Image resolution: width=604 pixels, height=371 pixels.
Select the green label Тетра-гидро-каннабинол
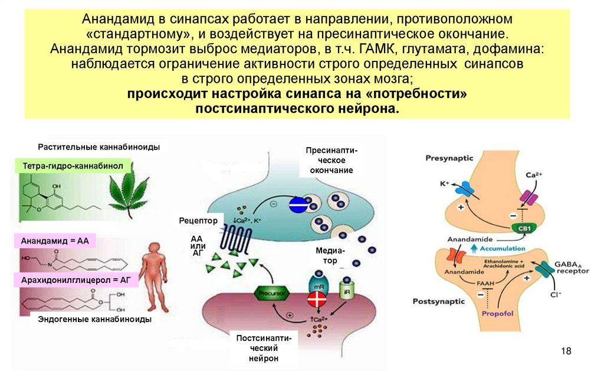(73, 167)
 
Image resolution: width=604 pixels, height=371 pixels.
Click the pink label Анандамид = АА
(54, 242)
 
